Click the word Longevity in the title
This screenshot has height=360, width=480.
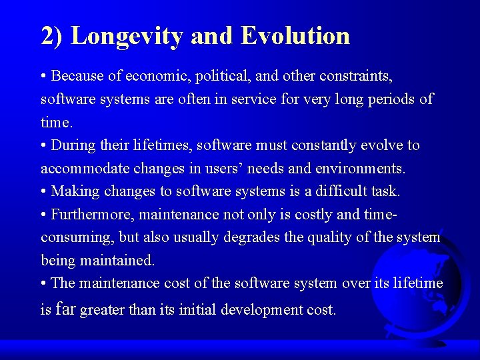click(x=127, y=37)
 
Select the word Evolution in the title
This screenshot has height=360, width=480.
click(x=295, y=35)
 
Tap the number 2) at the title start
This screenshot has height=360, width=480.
click(x=52, y=36)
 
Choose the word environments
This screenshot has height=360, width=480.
click(x=361, y=169)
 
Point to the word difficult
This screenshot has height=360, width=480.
click(x=334, y=191)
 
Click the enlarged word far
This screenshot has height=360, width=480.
click(x=66, y=308)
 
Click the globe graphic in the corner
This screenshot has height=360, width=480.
click(x=427, y=287)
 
